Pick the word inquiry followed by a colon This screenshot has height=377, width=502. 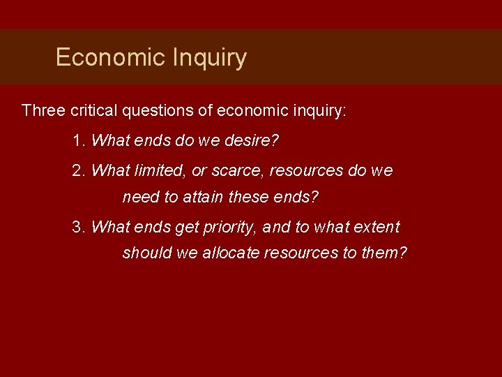tap(314, 111)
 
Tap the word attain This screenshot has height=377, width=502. tap(201, 198)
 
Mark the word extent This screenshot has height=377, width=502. tap(377, 227)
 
